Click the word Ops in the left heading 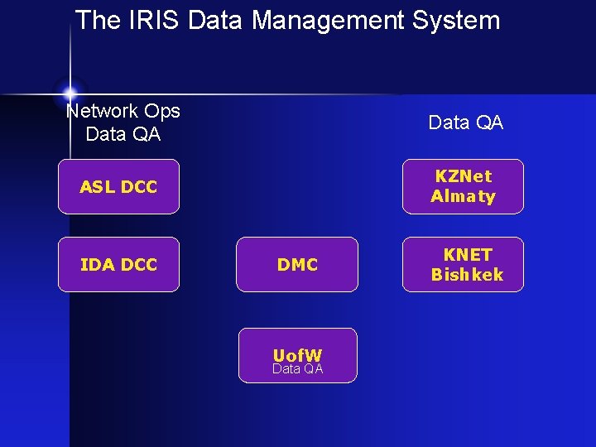(x=162, y=111)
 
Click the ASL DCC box (x=118, y=187)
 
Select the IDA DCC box (x=118, y=265)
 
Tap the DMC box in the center (x=297, y=265)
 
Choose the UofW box (x=298, y=356)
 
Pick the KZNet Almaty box (x=463, y=187)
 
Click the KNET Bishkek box (x=463, y=265)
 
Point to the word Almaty (x=463, y=197)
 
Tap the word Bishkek (x=467, y=275)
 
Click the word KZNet (x=464, y=176)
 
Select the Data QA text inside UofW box (x=298, y=369)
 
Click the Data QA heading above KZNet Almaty (x=465, y=123)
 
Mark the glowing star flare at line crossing (x=70, y=92)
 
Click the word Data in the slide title (x=215, y=20)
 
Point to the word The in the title (x=98, y=20)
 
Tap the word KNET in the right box (x=468, y=255)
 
